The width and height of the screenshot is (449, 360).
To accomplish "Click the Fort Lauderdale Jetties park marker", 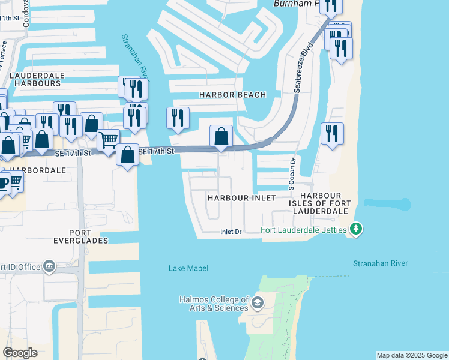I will click(x=357, y=229).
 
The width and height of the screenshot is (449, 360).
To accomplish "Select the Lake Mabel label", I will click(x=188, y=268).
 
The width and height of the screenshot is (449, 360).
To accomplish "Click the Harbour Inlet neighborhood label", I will click(x=241, y=197).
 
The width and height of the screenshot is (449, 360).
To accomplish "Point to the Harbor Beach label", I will click(x=232, y=95).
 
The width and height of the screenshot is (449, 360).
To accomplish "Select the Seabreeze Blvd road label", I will click(x=304, y=67).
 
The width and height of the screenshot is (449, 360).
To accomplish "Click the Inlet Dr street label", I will click(x=231, y=232).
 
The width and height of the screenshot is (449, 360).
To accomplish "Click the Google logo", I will click(x=20, y=353).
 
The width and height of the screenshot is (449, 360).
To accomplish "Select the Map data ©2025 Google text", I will click(x=412, y=355).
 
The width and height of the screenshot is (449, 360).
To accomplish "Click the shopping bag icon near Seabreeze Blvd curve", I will click(x=221, y=136).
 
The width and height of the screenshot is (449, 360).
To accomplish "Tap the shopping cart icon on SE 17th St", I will click(x=108, y=140).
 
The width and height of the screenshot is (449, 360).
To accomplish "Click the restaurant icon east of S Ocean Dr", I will click(x=332, y=134).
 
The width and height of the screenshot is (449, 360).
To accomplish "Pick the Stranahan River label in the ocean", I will click(x=380, y=263).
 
